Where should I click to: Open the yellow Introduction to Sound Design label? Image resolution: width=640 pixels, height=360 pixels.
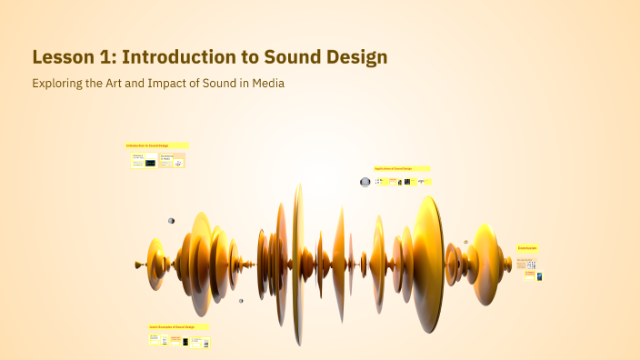pyautogui.click(x=156, y=145)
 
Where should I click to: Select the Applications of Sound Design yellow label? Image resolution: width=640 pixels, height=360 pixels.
pyautogui.click(x=401, y=168)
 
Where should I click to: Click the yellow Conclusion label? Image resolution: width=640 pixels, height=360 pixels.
pyautogui.click(x=528, y=248)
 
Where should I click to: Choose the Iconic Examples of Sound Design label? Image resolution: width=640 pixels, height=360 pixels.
pyautogui.click(x=178, y=326)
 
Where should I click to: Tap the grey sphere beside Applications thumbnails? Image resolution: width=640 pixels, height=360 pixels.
pyautogui.click(x=365, y=182)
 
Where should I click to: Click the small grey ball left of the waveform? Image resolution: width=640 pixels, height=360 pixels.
pyautogui.click(x=171, y=221)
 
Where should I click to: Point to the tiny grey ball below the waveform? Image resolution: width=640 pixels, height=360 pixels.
pyautogui.click(x=241, y=301)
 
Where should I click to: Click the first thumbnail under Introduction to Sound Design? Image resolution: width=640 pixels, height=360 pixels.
pyautogui.click(x=144, y=160)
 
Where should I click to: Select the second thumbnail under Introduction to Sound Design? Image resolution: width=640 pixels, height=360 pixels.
pyautogui.click(x=172, y=160)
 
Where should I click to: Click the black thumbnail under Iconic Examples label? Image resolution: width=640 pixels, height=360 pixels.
pyautogui.click(x=185, y=342)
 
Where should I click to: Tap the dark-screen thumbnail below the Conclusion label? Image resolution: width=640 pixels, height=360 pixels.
pyautogui.click(x=539, y=276)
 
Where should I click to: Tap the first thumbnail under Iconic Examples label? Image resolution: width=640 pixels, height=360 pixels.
pyautogui.click(x=155, y=340)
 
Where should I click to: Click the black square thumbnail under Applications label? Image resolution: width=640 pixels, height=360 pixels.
pyautogui.click(x=408, y=182)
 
